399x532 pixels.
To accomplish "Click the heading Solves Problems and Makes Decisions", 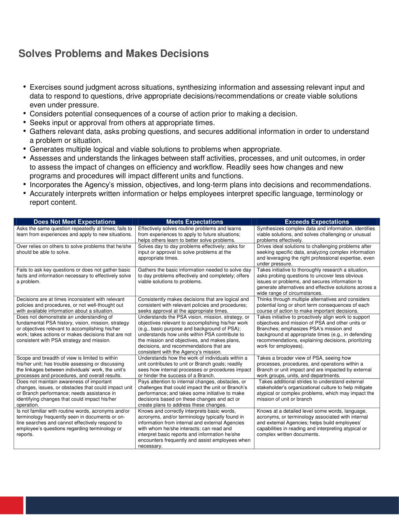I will [x=113, y=53].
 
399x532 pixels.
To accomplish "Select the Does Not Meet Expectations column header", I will [x=74, y=222].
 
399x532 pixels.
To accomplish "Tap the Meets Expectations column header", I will [x=194, y=222].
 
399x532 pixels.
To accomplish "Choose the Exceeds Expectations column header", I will [x=316, y=222].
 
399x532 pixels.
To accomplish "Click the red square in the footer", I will [x=11, y=505].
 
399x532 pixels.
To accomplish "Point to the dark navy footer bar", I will [x=212, y=505].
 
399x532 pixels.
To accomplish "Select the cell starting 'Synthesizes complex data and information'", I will [x=316, y=234].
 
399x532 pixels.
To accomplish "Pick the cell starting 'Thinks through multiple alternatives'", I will [x=316, y=305].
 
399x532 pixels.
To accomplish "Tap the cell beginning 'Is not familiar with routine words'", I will [x=74, y=423].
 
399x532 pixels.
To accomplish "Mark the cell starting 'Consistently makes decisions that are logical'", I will [x=194, y=305].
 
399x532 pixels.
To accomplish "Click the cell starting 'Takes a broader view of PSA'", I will [x=316, y=366].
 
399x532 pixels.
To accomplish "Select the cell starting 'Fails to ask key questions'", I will [x=74, y=276].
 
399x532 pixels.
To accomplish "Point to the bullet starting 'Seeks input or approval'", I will [x=122, y=123].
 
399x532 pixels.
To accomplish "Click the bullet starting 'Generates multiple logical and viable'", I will [x=155, y=149].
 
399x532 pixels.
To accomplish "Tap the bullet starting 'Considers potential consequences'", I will [x=163, y=114].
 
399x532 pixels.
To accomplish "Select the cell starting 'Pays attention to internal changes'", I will [x=194, y=393].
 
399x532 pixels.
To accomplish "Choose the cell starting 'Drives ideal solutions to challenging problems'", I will [x=316, y=255].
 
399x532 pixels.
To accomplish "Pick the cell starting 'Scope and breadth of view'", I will [x=74, y=366].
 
